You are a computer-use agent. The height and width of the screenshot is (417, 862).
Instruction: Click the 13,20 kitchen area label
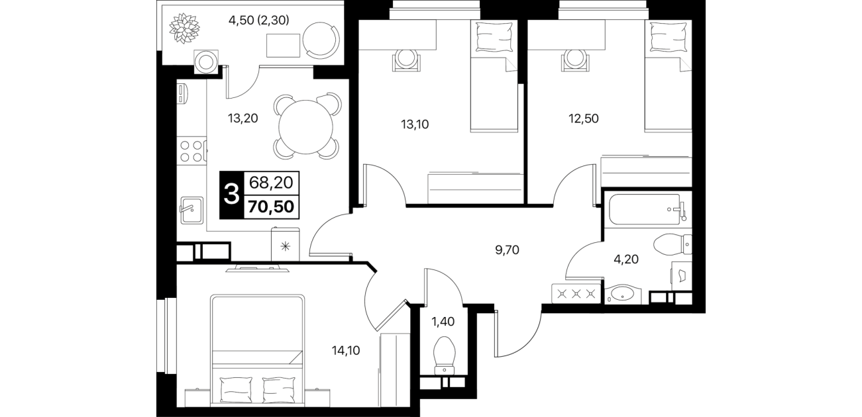point(242,118)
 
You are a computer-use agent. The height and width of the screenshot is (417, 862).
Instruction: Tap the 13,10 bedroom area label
point(415,124)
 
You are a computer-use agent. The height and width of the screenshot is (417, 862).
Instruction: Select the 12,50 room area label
point(584,118)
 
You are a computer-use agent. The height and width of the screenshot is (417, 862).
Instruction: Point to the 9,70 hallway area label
point(507,250)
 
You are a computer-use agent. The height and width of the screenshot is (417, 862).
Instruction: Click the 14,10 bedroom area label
point(346,351)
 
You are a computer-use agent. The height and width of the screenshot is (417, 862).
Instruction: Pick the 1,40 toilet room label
point(443,322)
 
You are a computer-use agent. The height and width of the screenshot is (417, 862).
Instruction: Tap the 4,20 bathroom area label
point(626,259)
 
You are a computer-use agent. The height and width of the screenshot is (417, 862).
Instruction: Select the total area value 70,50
point(271,207)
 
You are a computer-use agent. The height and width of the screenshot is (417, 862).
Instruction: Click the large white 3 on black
point(232,195)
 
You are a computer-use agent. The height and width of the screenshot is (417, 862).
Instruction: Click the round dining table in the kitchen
point(305,127)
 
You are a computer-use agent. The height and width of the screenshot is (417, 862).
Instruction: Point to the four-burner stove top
point(191,151)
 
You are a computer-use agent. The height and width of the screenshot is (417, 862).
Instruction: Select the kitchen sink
point(191,210)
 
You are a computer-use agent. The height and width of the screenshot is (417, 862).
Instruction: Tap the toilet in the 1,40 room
point(445,355)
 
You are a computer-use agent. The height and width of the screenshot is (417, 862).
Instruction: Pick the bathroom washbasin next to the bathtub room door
point(623,295)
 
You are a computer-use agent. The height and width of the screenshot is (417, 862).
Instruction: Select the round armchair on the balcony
point(321,40)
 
